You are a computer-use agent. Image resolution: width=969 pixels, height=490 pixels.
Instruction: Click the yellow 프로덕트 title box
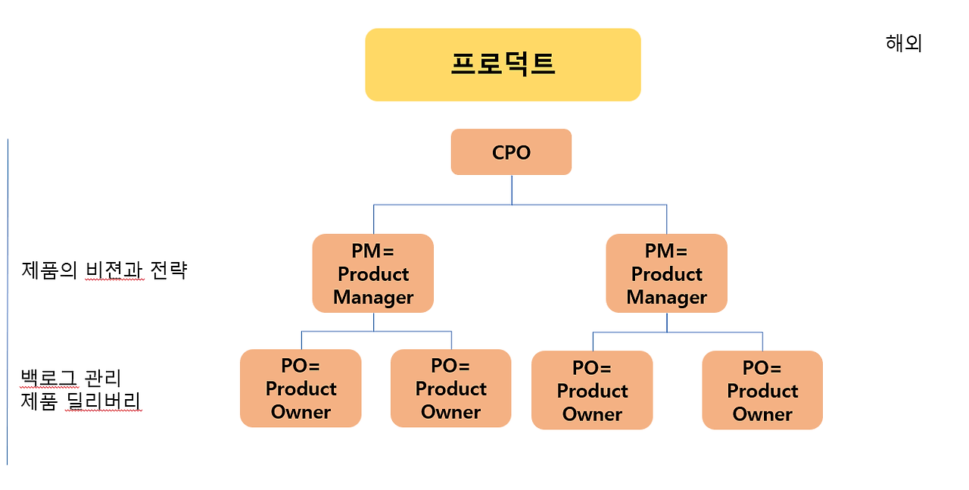tap(503, 64)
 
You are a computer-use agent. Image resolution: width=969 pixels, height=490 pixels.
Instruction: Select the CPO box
tap(511, 152)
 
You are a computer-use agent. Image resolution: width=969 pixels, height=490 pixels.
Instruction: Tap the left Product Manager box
tap(373, 273)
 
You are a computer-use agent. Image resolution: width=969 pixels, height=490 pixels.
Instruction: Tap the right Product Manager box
tap(667, 273)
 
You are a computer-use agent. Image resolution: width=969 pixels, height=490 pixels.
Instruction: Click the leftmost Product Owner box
tap(301, 389)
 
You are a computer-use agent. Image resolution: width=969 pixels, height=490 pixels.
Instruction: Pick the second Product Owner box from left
tap(450, 389)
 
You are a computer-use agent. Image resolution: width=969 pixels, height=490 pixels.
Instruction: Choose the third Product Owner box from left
tap(592, 391)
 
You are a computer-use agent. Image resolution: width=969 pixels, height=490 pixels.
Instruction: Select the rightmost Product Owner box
tap(762, 391)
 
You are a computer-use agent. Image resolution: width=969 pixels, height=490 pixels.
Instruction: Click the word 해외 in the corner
tap(903, 43)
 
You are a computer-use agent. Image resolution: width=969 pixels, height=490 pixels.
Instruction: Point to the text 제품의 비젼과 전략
tap(104, 270)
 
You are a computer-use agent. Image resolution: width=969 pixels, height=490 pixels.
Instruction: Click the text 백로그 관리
tap(71, 377)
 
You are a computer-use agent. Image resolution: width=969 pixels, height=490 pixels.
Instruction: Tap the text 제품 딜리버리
tap(81, 401)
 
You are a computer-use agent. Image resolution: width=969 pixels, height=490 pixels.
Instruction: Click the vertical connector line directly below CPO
tap(512, 189)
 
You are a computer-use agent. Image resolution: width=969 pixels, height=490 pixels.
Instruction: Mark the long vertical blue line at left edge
tap(8, 303)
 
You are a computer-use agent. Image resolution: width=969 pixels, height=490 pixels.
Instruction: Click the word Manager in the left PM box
tap(373, 298)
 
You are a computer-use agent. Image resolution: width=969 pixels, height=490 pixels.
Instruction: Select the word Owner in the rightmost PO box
tap(762, 414)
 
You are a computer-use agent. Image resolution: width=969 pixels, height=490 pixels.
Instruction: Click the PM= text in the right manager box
tap(666, 250)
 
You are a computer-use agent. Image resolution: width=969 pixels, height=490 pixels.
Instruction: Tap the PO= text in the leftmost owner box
tap(301, 366)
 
